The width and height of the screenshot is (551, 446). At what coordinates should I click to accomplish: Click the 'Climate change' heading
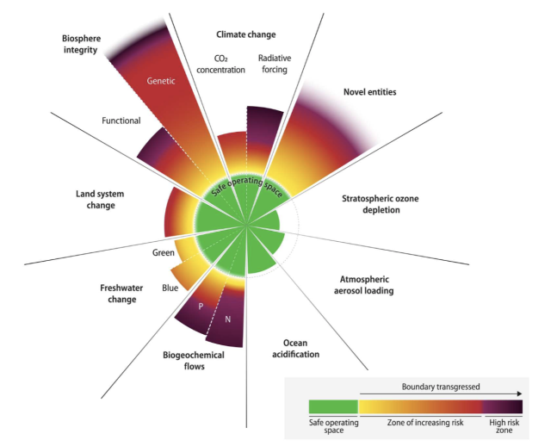pos(245,34)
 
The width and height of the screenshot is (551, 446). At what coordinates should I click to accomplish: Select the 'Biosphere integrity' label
pos(86,46)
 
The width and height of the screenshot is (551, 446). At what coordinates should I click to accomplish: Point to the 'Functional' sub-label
pos(121,121)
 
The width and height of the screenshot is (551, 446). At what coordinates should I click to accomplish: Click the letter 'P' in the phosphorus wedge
pos(201,306)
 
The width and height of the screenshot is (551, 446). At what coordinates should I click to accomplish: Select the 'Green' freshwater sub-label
pos(164,253)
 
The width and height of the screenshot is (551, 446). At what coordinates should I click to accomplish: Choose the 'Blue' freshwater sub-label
pos(170,288)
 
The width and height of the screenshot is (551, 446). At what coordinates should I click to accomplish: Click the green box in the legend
pos(333,406)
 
